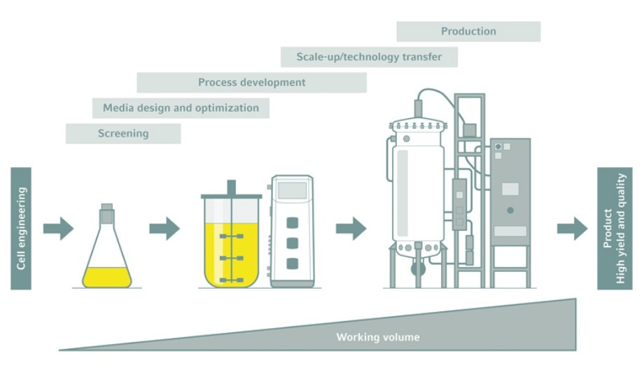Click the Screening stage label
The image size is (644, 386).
tap(123, 134)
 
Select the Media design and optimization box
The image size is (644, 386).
tap(181, 108)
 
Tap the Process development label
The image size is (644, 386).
tap(252, 83)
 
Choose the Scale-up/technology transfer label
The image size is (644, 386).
tap(369, 57)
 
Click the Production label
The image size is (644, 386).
tap(468, 31)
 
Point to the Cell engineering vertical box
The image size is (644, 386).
tap(21, 228)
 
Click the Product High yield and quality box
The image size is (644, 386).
tap(615, 228)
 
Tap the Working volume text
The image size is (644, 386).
tap(378, 337)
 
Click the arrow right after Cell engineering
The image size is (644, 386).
tap(58, 229)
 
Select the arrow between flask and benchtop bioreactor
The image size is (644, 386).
tap(164, 229)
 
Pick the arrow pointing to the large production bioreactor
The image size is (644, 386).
tap(351, 229)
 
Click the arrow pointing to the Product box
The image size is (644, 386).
tap(572, 229)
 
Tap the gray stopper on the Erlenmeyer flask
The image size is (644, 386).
tap(107, 214)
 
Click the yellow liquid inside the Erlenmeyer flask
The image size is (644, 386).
tap(107, 278)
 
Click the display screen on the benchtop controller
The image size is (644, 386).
tap(292, 190)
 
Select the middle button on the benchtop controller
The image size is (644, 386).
tap(293, 243)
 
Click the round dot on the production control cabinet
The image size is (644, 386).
tap(510, 210)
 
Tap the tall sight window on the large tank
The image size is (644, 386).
tap(403, 193)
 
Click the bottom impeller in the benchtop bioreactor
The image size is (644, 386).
tap(231, 280)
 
